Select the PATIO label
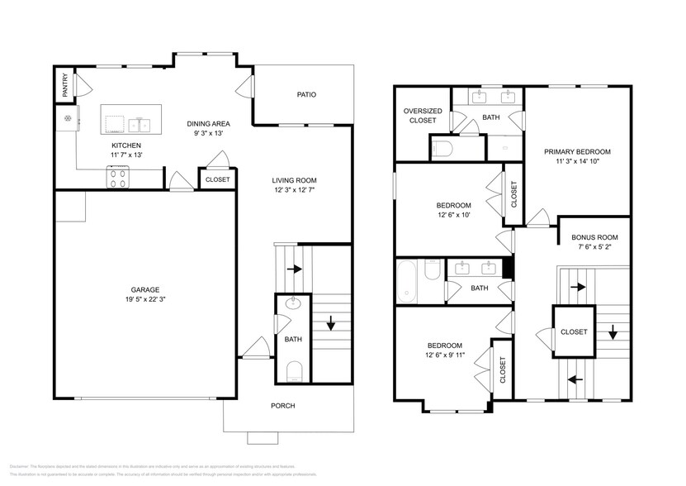click(x=307, y=94)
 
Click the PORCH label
click(x=283, y=406)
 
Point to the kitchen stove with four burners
click(x=117, y=175)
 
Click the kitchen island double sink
click(x=139, y=126)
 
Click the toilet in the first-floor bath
click(x=294, y=370)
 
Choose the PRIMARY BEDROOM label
click(x=577, y=151)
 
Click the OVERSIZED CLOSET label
click(x=423, y=116)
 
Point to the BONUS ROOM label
click(x=594, y=237)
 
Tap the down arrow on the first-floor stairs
click(x=330, y=323)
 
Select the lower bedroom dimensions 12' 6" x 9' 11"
click(x=444, y=356)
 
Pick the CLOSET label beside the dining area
click(x=218, y=179)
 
